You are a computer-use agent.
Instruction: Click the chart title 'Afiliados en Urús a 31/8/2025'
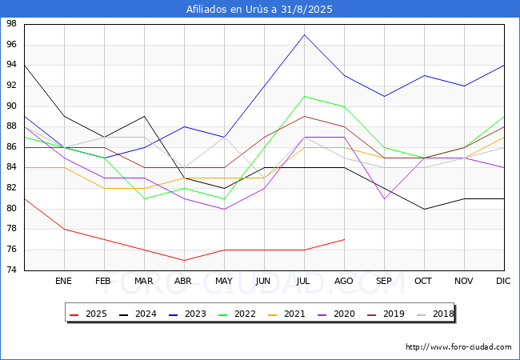pyautogui.click(x=259, y=9)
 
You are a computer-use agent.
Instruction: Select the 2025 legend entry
pyautogui.click(x=89, y=314)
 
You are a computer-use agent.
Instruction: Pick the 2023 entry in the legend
pyautogui.click(x=188, y=314)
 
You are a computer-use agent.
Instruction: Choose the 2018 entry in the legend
pyautogui.click(x=435, y=314)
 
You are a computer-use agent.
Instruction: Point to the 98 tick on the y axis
pyautogui.click(x=12, y=23)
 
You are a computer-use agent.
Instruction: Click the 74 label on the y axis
pyautogui.click(x=12, y=270)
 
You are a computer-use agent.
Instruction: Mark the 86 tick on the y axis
pyautogui.click(x=12, y=147)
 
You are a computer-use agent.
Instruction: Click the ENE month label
pyautogui.click(x=63, y=281)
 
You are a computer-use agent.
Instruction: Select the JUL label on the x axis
pyautogui.click(x=303, y=281)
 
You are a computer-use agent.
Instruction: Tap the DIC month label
pyautogui.click(x=503, y=281)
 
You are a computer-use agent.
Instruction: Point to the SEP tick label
pyautogui.click(x=384, y=281)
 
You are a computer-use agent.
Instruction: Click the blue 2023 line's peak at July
pyautogui.click(x=305, y=34)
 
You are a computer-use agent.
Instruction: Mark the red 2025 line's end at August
pyautogui.click(x=345, y=239)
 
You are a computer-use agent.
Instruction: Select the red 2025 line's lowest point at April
pyautogui.click(x=184, y=260)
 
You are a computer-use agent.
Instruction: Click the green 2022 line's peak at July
pyautogui.click(x=305, y=96)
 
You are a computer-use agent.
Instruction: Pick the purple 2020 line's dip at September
pyautogui.click(x=384, y=199)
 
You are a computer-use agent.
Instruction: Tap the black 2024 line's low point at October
pyautogui.click(x=425, y=209)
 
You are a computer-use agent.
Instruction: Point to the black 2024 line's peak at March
pyautogui.click(x=144, y=116)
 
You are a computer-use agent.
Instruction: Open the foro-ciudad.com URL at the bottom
pyautogui.click(x=458, y=346)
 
